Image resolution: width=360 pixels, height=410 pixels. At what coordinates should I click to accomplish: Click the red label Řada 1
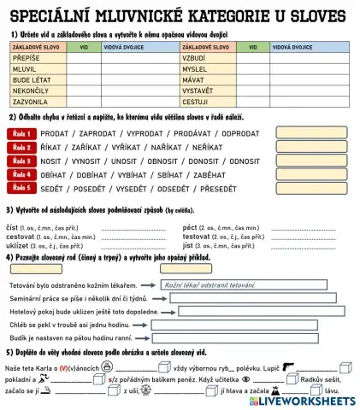coord(24,133)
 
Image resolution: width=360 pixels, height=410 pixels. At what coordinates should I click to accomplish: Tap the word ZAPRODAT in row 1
coord(98,134)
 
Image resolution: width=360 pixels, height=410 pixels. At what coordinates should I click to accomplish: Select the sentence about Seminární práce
coord(78,297)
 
